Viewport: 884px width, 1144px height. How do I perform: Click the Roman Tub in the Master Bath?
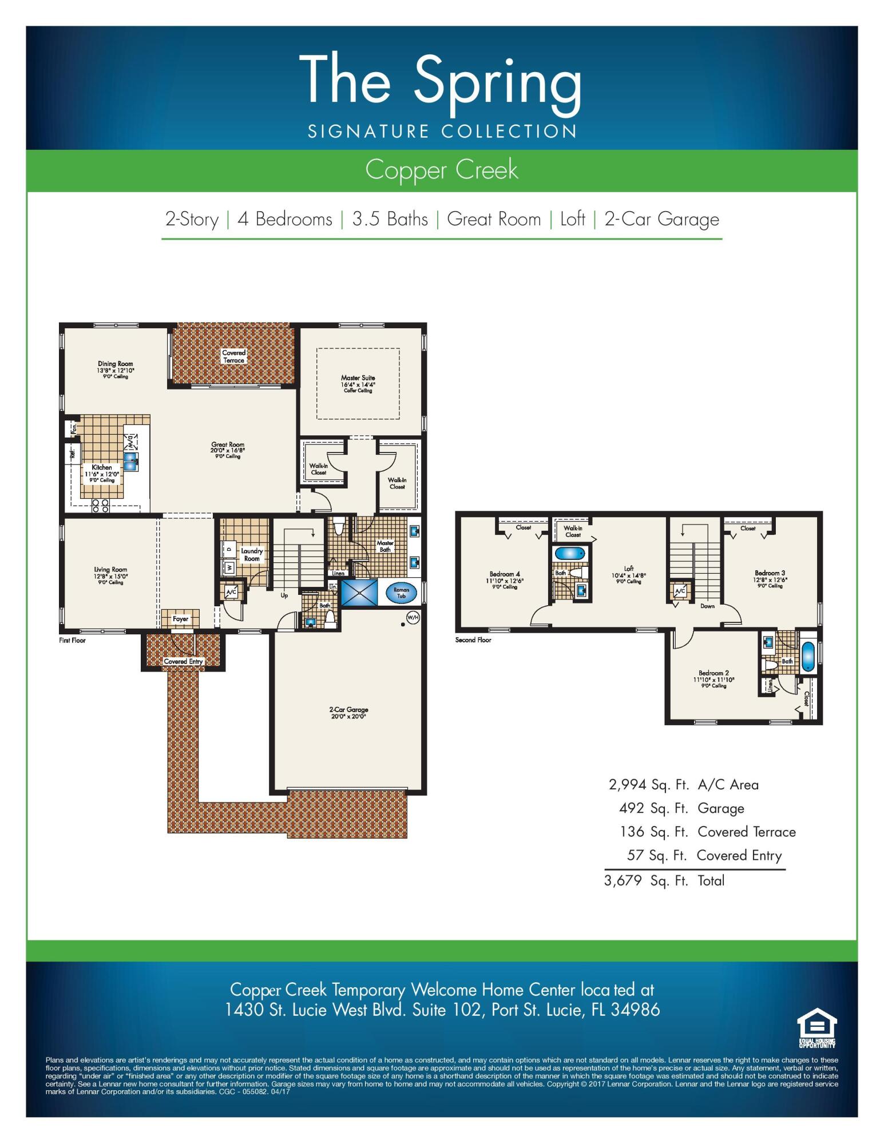[401, 593]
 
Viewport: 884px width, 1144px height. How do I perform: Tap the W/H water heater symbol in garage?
[413, 617]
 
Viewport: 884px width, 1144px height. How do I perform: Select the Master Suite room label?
[358, 378]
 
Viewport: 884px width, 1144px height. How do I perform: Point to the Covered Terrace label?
[233, 356]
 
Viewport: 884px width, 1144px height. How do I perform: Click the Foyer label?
[180, 619]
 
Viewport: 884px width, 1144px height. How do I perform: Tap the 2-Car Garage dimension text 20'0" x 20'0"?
[348, 716]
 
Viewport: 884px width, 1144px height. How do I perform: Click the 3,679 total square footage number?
[623, 880]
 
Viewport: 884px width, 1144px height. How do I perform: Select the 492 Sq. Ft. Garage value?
[632, 808]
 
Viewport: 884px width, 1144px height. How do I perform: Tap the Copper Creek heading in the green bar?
[441, 170]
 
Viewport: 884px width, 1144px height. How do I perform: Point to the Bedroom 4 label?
[505, 574]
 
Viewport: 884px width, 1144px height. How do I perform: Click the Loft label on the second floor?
[629, 569]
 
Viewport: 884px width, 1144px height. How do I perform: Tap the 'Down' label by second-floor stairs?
[707, 606]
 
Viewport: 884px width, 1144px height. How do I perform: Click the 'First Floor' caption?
[72, 640]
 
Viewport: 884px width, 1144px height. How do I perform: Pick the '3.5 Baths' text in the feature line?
[390, 219]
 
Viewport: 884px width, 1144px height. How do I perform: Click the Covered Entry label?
[183, 661]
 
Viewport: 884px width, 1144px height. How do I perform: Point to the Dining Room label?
[115, 364]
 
